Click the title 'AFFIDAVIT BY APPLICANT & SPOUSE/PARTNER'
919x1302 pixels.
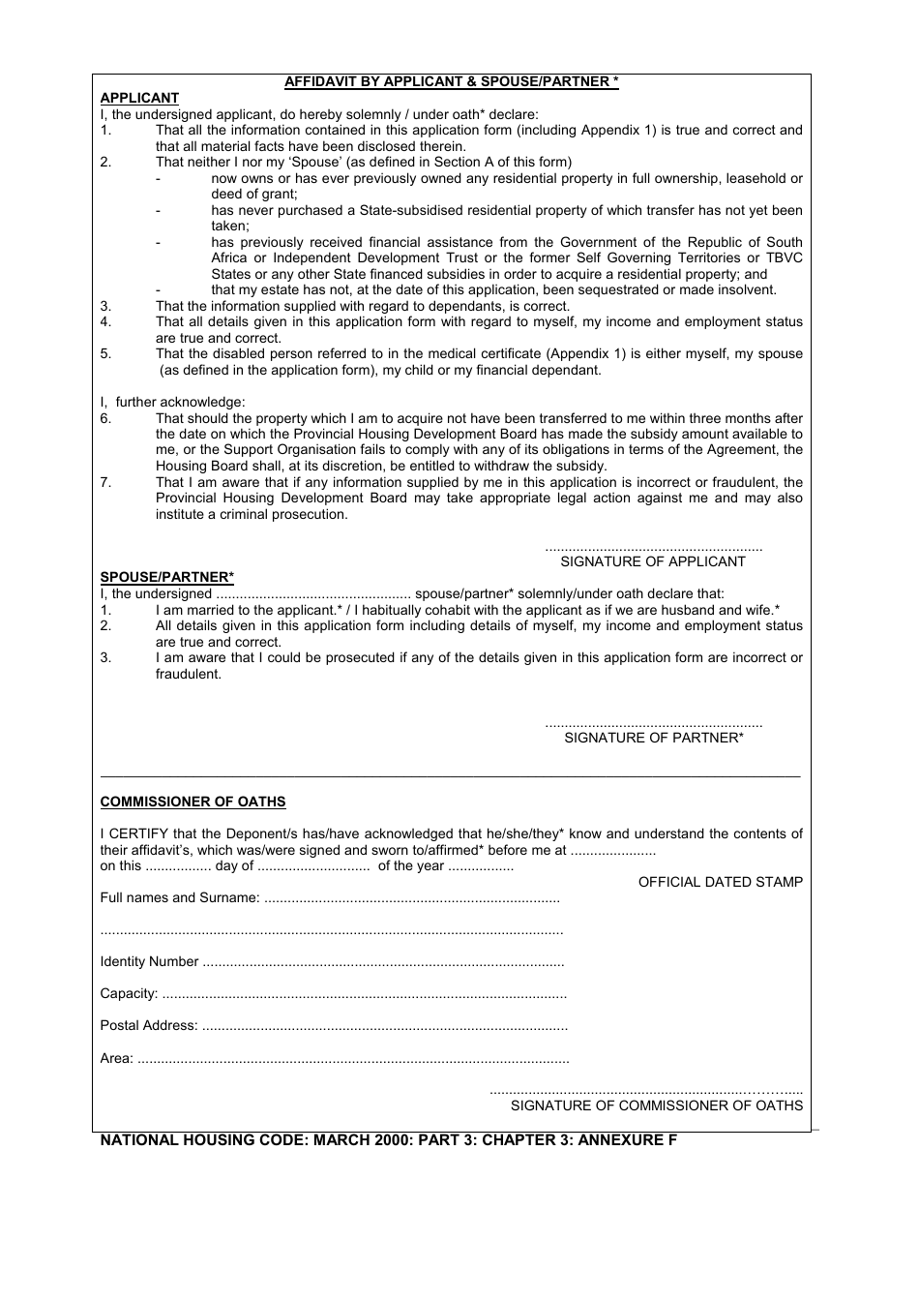(451, 82)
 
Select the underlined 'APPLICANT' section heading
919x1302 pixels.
(139, 98)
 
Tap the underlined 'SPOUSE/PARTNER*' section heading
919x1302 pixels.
(166, 578)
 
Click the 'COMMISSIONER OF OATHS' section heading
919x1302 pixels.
(193, 802)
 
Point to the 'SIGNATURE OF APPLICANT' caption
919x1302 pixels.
(653, 561)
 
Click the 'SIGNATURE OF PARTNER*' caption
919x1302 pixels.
(653, 738)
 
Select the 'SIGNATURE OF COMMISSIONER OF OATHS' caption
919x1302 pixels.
(656, 1105)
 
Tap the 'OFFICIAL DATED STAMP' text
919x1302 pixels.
(720, 882)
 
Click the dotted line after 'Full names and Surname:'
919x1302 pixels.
(411, 899)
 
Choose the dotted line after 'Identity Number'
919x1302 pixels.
(383, 963)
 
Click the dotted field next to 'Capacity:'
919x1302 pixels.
(364, 995)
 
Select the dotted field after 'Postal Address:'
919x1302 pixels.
(384, 1027)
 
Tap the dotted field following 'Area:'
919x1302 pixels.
(353, 1060)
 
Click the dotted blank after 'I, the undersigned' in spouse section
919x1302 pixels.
(313, 595)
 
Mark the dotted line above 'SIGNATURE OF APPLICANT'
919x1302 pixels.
(653, 548)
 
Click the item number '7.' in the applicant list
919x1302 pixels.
(106, 482)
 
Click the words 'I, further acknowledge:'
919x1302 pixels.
(173, 402)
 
